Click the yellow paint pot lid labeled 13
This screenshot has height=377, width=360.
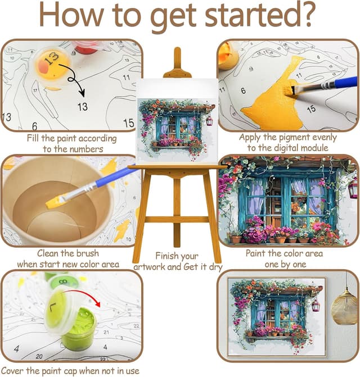[53, 65]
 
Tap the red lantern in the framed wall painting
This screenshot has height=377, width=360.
[316, 305]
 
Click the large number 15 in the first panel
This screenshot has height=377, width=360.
[129, 123]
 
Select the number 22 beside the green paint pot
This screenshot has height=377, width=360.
[136, 326]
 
